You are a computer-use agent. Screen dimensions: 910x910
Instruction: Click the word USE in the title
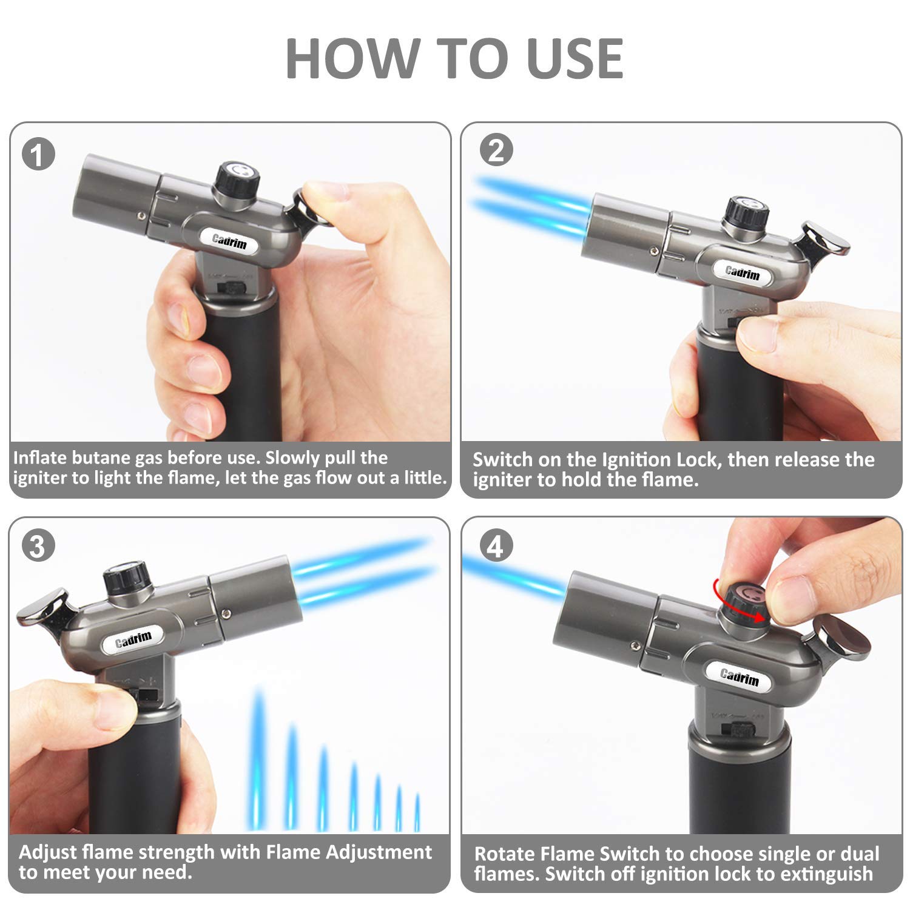pyautogui.click(x=575, y=58)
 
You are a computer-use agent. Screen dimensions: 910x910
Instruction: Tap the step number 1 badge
pyautogui.click(x=38, y=154)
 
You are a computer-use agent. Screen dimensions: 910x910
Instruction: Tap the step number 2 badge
pyautogui.click(x=496, y=150)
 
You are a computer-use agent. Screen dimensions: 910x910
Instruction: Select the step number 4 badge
pyautogui.click(x=496, y=547)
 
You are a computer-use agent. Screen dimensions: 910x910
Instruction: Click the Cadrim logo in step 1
pyautogui.click(x=229, y=241)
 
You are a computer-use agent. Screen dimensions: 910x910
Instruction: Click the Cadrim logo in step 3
pyautogui.click(x=133, y=639)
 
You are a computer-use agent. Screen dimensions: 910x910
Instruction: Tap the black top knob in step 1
pyautogui.click(x=238, y=179)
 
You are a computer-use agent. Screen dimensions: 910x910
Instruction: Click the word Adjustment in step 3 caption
pyautogui.click(x=379, y=852)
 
